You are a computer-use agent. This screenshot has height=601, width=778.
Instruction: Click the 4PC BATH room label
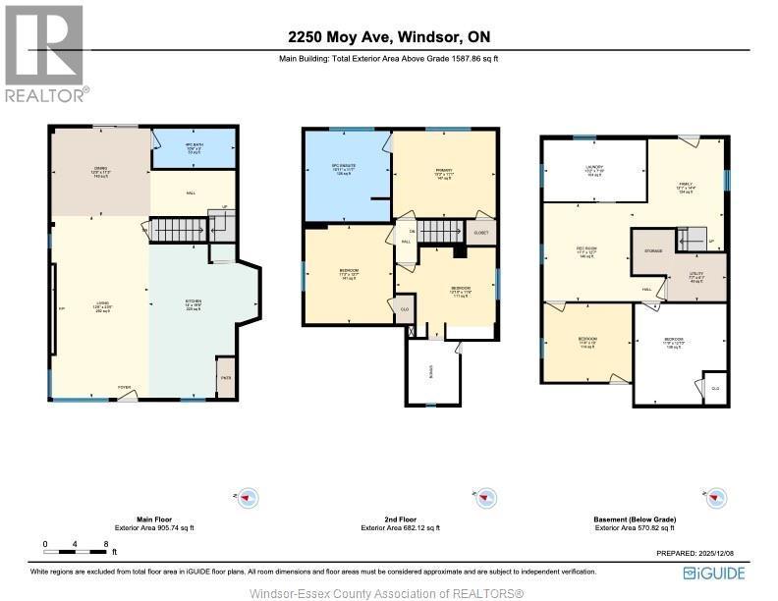point(193,148)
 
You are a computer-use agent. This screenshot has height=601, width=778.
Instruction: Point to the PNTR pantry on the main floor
point(226,377)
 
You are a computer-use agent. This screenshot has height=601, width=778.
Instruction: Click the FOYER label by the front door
point(125,388)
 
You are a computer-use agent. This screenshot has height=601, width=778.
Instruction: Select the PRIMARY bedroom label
point(443,173)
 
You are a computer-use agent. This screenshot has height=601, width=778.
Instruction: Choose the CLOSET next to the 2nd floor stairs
point(480,234)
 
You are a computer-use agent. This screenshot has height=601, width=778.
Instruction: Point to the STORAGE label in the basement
point(653,251)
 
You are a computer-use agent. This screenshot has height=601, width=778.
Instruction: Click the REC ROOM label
point(586,250)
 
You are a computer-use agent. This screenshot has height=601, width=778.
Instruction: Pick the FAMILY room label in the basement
point(686,187)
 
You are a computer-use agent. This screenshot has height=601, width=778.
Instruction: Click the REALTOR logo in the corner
point(44,53)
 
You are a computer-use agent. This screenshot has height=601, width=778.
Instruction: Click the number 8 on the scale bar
point(105,543)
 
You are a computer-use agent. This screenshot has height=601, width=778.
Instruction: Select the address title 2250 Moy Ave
point(389,37)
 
